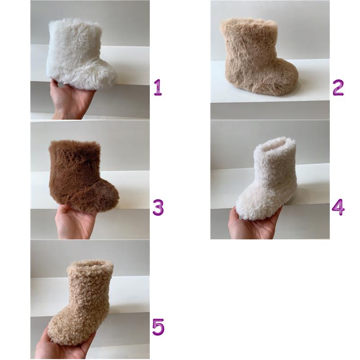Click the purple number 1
[158, 87]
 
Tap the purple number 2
[338, 87]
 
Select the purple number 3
[158, 207]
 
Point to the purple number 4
[338, 207]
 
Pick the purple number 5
[158, 327]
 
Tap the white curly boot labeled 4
[266, 178]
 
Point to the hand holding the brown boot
[73, 221]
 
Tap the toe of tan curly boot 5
[58, 331]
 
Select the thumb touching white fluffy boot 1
[56, 82]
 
